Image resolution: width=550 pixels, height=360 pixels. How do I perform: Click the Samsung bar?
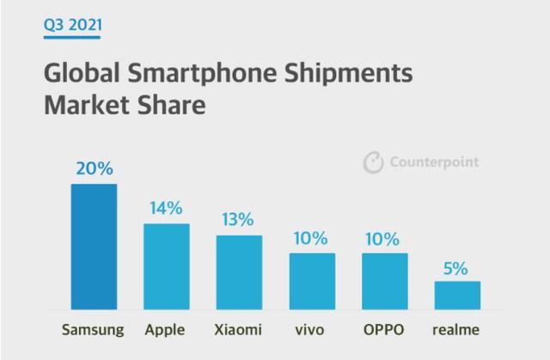click(94, 247)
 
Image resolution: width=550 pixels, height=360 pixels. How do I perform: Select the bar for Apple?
click(166, 266)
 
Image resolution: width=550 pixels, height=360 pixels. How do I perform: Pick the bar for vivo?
click(312, 281)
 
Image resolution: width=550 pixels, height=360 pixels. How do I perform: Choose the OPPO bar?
click(384, 281)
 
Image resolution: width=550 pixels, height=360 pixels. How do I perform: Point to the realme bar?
click(456, 295)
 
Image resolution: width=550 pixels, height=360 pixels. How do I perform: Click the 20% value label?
click(94, 168)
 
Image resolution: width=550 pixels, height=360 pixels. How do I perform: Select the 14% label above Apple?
click(166, 208)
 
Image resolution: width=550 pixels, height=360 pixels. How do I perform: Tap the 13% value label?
click(239, 219)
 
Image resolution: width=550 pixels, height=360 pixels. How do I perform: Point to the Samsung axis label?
click(94, 329)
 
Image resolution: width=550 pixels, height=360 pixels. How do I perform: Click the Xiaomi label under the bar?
click(239, 329)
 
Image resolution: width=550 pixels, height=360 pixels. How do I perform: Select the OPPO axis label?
click(384, 329)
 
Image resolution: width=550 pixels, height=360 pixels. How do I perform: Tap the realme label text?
click(456, 329)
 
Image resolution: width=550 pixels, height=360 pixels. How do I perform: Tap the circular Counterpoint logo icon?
click(373, 162)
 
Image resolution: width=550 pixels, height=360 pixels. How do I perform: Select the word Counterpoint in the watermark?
click(434, 162)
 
